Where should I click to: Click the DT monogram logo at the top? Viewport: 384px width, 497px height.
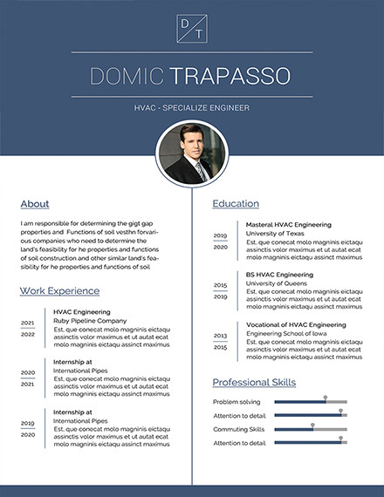tap(192, 27)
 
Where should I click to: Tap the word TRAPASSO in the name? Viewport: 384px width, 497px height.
tap(230, 76)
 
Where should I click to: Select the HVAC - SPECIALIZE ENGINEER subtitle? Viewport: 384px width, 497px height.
tap(192, 107)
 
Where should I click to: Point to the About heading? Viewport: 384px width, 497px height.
tap(35, 204)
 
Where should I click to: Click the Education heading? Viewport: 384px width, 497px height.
tap(236, 204)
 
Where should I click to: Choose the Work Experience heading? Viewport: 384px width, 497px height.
tap(59, 290)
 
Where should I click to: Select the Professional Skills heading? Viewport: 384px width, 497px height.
tap(254, 382)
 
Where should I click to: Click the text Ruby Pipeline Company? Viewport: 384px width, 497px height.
tap(90, 321)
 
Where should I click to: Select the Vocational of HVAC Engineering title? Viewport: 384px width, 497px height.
tap(296, 324)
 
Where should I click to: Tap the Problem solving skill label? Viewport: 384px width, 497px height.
tap(237, 402)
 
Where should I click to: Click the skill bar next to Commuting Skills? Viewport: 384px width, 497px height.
tap(311, 429)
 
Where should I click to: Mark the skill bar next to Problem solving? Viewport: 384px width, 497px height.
tap(311, 402)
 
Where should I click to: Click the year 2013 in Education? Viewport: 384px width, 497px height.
tap(220, 336)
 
